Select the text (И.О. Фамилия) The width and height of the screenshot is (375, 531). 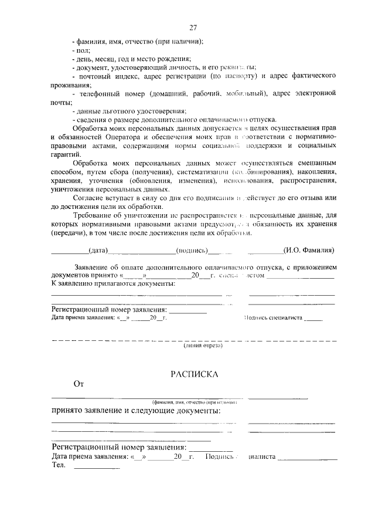pos(308,251)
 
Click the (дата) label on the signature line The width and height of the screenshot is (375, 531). pos(98,251)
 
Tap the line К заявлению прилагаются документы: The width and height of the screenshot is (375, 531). pos(113,283)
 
